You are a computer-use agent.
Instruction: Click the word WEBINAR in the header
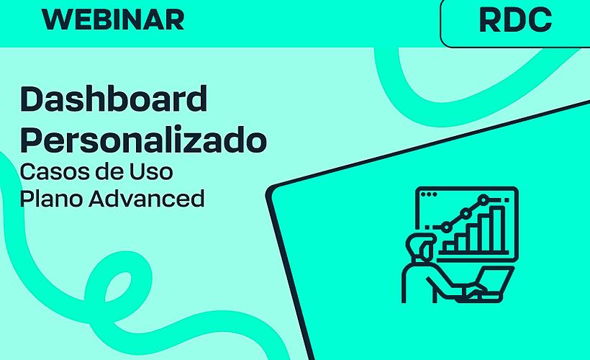114,20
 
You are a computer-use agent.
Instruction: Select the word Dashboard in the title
114,99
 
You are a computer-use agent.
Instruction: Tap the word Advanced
147,198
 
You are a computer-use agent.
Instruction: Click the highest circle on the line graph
484,198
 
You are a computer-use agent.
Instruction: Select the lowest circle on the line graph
446,227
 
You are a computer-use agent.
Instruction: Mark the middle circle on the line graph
466,213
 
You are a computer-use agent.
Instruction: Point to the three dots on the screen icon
428,194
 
